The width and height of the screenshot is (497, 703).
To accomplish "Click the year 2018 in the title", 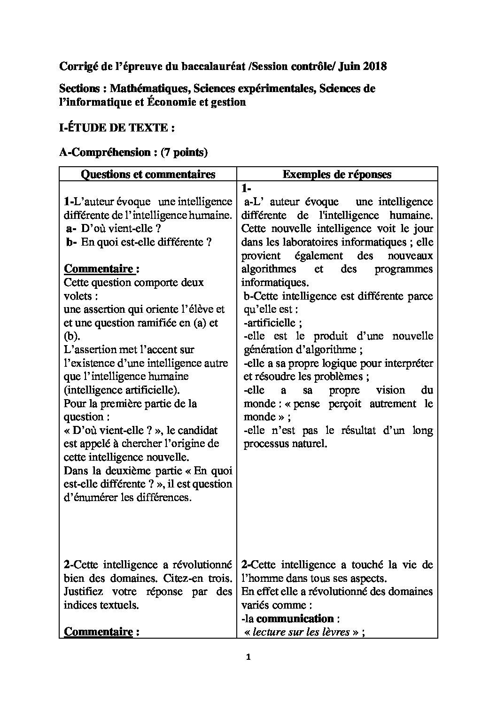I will (375, 66).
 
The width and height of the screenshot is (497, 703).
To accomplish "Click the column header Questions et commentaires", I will (148, 174).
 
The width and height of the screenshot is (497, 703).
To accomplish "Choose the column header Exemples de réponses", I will (337, 174).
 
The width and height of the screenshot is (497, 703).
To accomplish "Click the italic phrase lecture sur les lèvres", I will (301, 632).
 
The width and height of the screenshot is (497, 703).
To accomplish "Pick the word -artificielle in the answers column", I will (270, 323).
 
